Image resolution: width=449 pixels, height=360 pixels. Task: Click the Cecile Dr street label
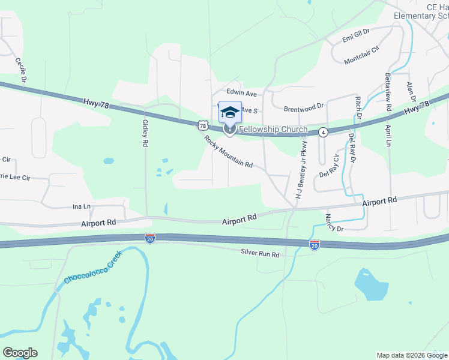22,71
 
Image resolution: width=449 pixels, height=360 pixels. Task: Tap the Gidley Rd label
145,133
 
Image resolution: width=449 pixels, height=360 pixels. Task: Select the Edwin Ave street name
241,94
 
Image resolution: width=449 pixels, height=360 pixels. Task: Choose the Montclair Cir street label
362,55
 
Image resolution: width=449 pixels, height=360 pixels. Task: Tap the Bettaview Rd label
388,92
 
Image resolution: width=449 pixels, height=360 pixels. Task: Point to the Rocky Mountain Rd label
228,151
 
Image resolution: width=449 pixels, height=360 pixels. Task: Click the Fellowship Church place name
273,130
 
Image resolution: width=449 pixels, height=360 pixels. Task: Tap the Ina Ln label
81,206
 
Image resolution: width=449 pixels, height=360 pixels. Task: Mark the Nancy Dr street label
334,222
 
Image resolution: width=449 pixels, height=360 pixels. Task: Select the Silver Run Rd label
260,254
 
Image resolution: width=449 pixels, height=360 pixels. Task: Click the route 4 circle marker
323,132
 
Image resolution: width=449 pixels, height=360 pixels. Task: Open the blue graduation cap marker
230,112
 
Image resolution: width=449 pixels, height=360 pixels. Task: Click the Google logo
20,353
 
